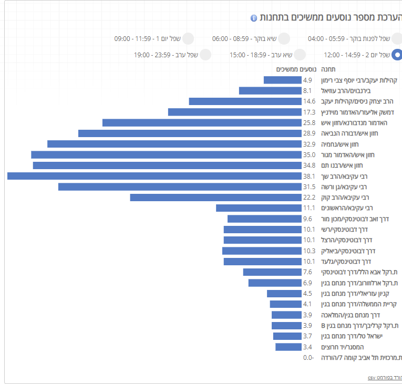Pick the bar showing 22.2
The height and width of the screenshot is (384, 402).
pos(215,198)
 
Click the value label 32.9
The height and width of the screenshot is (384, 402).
pos(309,144)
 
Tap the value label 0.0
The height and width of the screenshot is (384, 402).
pos(308,358)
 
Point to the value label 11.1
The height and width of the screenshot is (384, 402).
pos(309,208)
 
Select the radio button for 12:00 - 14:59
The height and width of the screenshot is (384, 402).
pos(397,55)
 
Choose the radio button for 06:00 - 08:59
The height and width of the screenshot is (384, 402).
pos(284,38)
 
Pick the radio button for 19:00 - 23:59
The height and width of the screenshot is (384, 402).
pos(205,55)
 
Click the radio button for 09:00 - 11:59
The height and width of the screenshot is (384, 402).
pos(188,38)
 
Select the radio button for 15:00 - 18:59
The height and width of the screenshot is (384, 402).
pos(300,55)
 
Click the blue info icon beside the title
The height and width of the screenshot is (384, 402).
pos(254,18)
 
